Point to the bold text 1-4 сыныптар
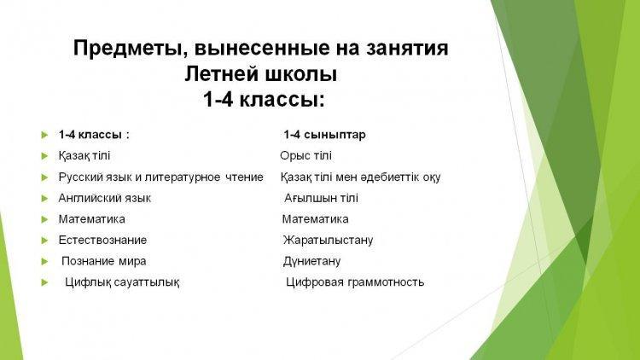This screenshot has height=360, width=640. point(324,135)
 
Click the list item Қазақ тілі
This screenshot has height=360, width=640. point(84,156)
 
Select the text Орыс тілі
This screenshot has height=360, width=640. point(305,156)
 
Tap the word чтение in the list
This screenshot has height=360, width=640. point(245,177)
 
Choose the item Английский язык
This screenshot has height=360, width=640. point(104,199)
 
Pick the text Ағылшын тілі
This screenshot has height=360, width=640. point(321,199)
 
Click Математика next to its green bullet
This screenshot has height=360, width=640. point(92,219)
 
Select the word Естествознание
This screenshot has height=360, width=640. point(102,240)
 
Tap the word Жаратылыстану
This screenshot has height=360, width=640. point(329,240)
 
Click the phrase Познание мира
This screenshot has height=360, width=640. point(103,261)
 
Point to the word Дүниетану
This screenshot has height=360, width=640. point(311,261)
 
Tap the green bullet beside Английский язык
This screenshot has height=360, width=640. point(44,199)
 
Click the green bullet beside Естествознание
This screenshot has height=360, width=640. point(44,241)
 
